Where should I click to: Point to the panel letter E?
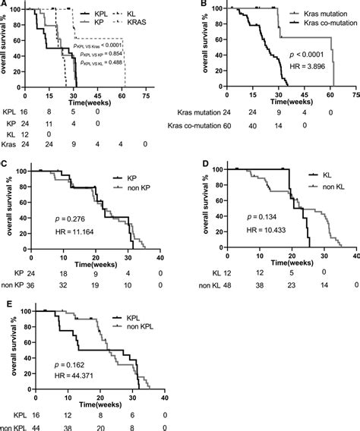pyautogui.click(x=5, y=302)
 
